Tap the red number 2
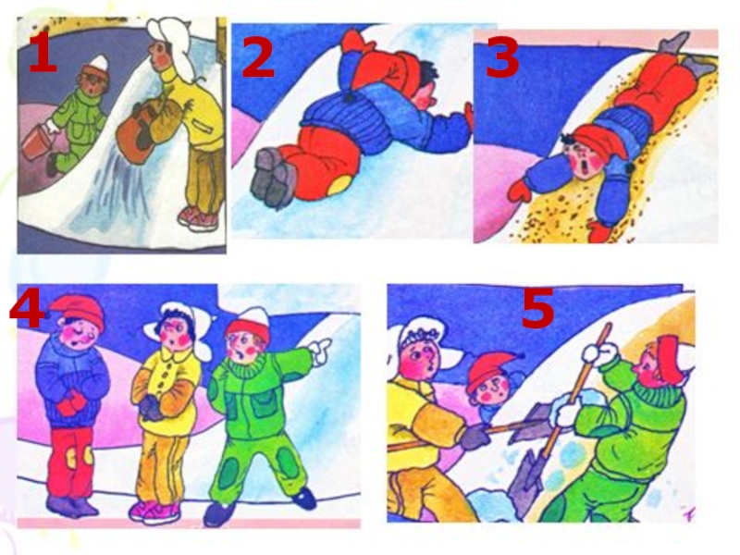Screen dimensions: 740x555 click(x=258, y=57)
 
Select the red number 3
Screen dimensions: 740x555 click(x=502, y=58)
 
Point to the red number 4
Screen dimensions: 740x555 click(x=27, y=309)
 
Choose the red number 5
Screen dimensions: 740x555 click(x=537, y=309)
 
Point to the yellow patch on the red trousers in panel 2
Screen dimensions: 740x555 click(x=339, y=186)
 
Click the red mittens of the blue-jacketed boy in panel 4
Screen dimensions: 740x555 click(x=73, y=402)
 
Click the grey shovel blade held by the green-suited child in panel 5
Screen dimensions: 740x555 click(x=527, y=480)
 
